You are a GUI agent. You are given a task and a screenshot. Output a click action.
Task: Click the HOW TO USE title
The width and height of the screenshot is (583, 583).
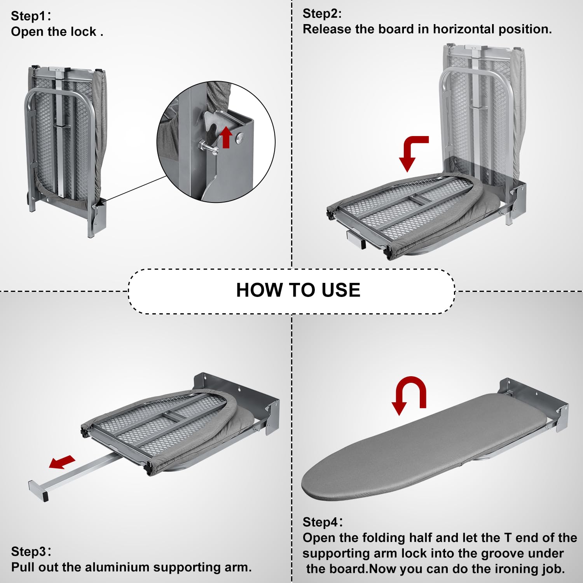(298, 290)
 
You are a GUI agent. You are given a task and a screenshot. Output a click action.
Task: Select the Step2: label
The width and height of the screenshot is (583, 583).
(322, 14)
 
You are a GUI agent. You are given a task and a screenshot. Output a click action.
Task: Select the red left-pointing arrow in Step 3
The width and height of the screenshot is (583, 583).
(62, 462)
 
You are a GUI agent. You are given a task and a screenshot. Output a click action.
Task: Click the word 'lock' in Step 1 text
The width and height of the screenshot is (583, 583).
(83, 32)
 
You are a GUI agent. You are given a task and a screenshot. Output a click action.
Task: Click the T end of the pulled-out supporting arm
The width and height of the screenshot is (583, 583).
(38, 491)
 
